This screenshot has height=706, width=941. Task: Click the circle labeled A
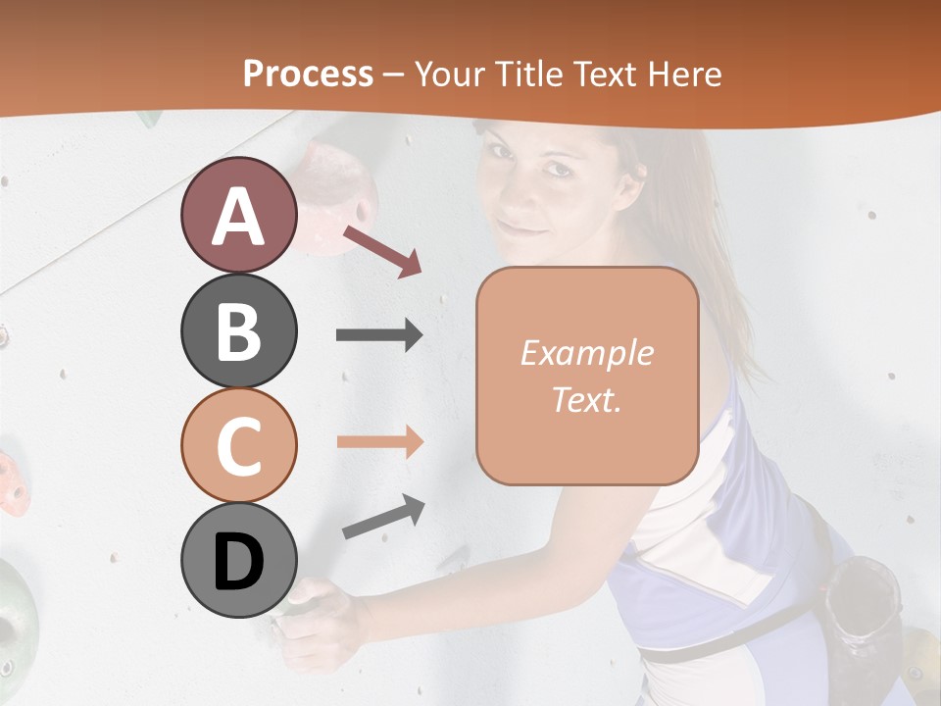238,215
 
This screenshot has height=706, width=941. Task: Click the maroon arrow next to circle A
382,251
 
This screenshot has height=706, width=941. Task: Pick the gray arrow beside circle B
379,335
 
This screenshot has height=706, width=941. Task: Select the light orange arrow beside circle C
379,441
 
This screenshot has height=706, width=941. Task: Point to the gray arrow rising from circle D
383,518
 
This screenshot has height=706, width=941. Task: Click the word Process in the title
308,74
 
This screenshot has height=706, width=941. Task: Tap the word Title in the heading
530,74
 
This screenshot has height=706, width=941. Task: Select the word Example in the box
586,353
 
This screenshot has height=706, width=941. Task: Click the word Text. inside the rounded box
586,399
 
